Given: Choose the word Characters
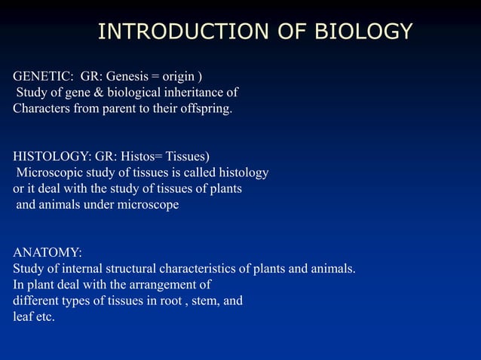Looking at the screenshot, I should tap(42, 108).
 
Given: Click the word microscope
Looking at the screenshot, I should tap(146, 205).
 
